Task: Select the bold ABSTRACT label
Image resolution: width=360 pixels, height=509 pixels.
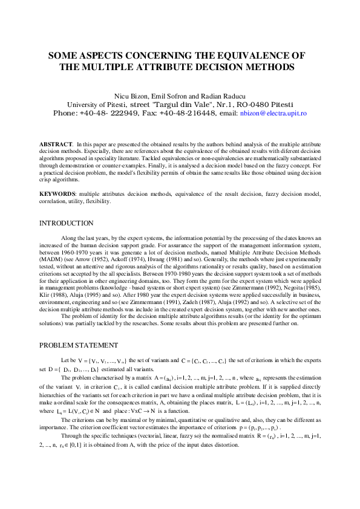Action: pos(56,144)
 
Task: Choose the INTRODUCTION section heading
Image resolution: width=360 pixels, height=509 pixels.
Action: pos(67,224)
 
